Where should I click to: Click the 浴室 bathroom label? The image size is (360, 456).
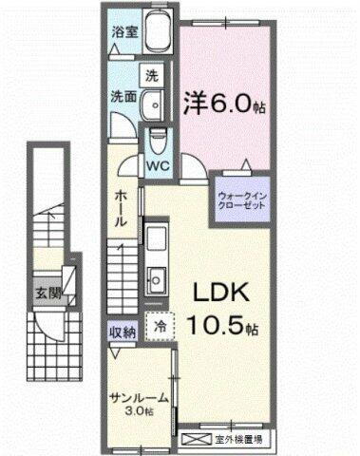click(123, 29)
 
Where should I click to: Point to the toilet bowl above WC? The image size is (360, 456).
click(158, 141)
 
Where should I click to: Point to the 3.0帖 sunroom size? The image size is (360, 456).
click(140, 412)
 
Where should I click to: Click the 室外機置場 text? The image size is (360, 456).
click(242, 440)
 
